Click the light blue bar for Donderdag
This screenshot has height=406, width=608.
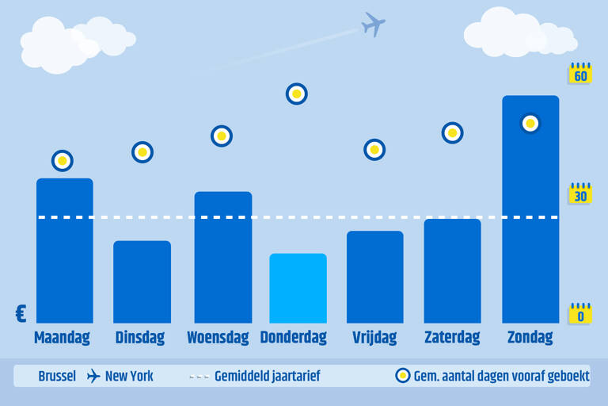298,288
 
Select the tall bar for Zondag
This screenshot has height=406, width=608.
530,209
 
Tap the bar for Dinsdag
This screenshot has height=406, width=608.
142,282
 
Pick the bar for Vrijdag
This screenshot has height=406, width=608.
375,277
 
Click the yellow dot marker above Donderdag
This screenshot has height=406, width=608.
297,94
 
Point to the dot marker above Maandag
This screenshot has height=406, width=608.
63,160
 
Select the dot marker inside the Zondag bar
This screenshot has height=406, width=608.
530,124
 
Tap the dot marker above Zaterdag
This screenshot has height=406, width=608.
452,133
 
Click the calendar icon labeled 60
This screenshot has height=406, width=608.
580,73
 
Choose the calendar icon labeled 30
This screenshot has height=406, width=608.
580,193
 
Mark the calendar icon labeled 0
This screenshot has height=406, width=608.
580,313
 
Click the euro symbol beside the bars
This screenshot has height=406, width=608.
21,313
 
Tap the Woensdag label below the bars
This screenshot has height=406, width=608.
218,338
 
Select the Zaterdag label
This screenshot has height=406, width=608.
452,337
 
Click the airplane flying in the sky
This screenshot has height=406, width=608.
373,24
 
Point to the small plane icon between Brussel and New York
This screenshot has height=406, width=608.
93,376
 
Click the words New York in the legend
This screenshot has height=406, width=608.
129,376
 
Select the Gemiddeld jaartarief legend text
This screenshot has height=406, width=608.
268,376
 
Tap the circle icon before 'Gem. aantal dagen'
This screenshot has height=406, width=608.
403,376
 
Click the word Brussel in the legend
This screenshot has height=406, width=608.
57,376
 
